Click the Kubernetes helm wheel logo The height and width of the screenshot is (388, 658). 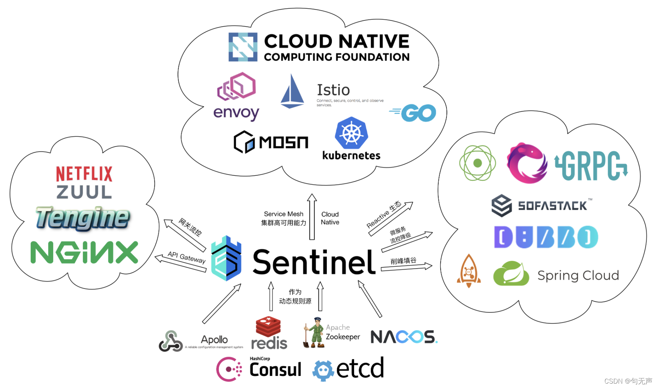(351, 133)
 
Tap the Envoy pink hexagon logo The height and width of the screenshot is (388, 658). (237, 86)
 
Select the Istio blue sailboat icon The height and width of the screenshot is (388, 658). (292, 92)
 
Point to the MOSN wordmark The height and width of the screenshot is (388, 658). (284, 142)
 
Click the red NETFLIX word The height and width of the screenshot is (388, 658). (84, 174)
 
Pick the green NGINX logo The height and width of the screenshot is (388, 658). (85, 252)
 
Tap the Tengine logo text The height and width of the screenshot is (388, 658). (83, 218)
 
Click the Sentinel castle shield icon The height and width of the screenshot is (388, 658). (227, 259)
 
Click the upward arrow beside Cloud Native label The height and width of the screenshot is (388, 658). (312, 217)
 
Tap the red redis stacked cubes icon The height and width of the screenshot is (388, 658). (268, 326)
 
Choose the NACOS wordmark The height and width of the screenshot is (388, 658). (403, 337)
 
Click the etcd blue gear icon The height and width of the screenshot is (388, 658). (323, 370)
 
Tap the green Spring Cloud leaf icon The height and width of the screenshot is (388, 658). (511, 274)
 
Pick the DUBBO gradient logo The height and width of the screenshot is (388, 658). (546, 237)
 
